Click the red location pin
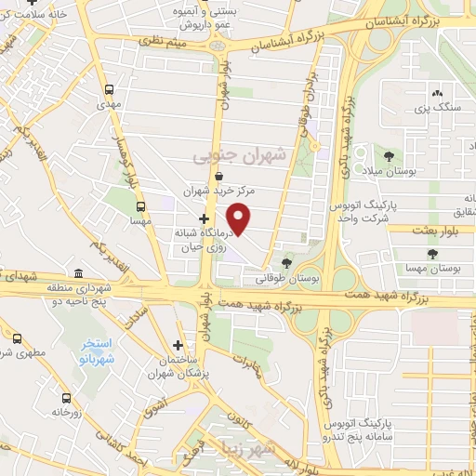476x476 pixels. coord(240,218)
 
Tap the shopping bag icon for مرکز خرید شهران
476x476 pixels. coord(218,175)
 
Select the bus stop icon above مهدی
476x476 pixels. coord(111,90)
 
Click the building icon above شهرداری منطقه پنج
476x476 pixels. coord(77,274)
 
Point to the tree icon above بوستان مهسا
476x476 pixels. coord(430,253)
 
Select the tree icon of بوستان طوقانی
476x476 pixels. coord(285,264)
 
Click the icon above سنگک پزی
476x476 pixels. coord(436,92)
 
